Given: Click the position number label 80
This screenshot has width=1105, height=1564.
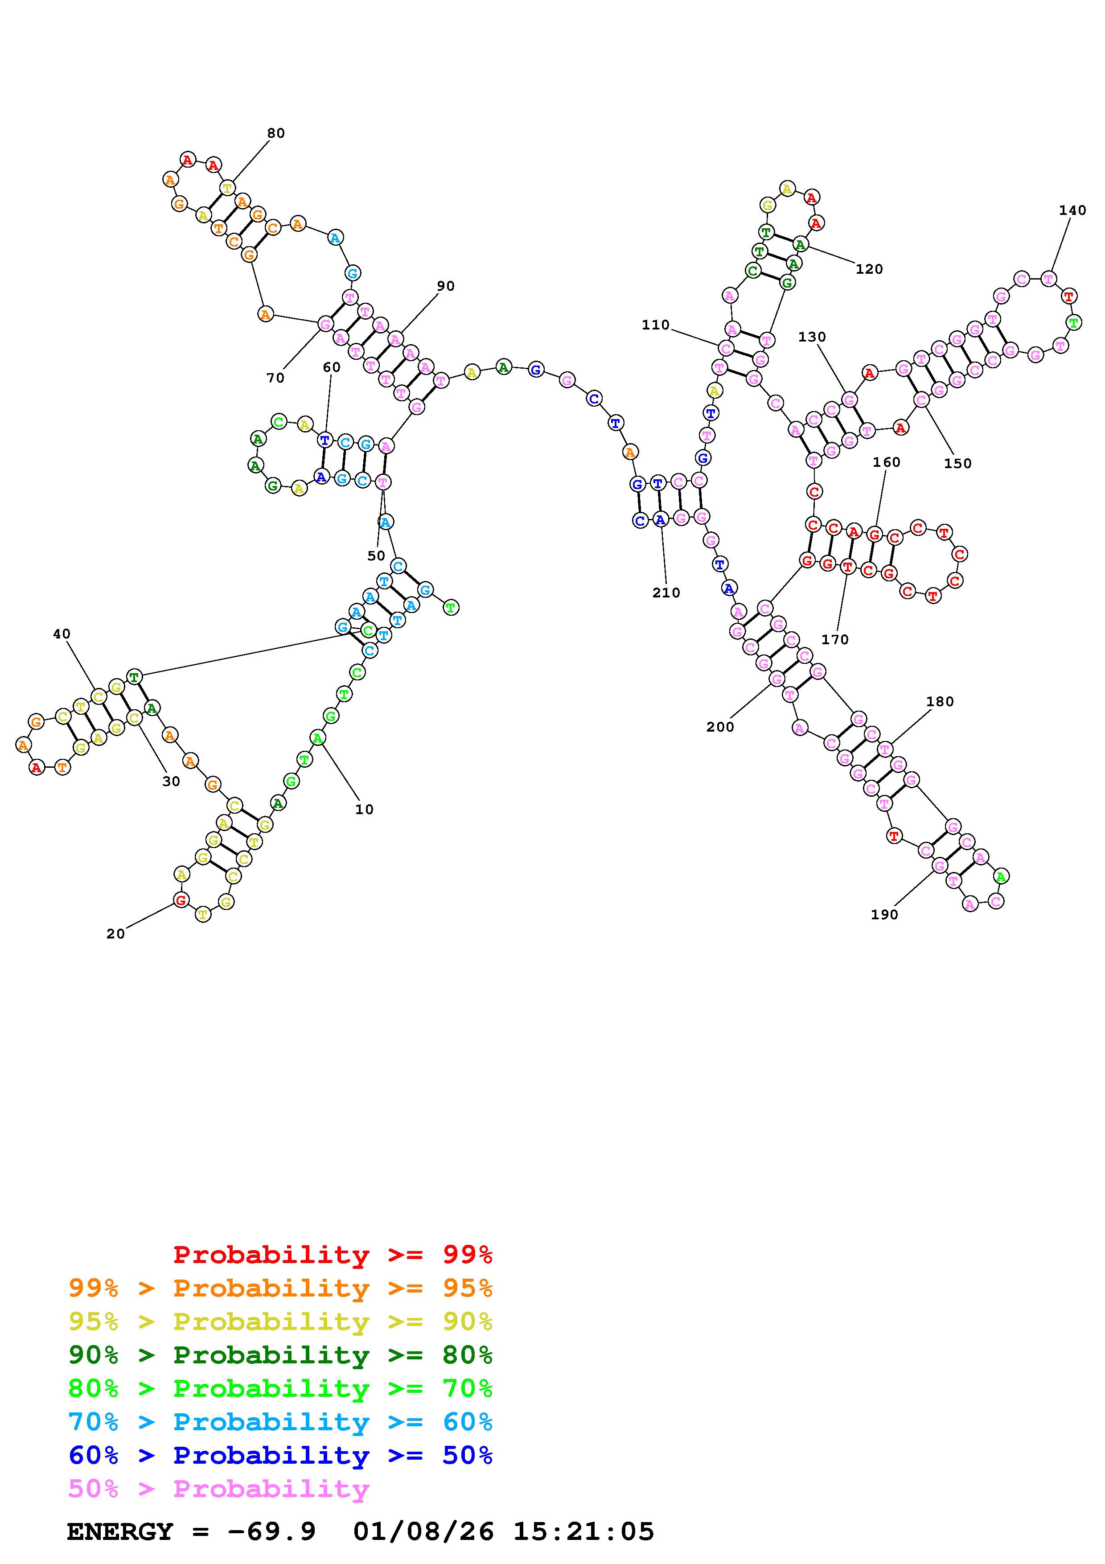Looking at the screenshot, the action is [x=276, y=133].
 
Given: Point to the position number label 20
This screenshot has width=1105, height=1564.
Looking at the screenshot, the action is [x=116, y=934].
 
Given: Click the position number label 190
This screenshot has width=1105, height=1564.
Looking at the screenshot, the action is [x=884, y=915].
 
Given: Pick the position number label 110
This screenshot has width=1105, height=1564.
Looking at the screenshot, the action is [x=656, y=325].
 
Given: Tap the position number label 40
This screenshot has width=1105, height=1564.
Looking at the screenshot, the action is [x=61, y=634].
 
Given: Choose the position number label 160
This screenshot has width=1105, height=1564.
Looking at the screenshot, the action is [x=887, y=462].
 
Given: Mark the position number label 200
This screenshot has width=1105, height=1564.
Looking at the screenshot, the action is [x=720, y=728].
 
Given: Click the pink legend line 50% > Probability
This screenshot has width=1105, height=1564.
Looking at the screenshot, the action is [x=218, y=1489].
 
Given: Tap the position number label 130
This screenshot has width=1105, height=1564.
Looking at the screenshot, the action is [x=812, y=337].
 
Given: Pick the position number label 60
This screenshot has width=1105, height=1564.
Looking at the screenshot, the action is [x=332, y=368].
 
